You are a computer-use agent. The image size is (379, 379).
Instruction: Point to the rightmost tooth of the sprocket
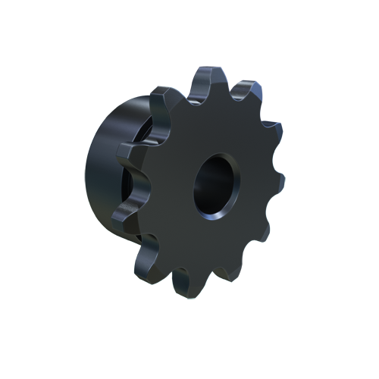[x=277, y=182]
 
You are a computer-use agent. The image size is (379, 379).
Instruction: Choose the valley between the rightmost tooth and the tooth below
[x=265, y=212]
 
